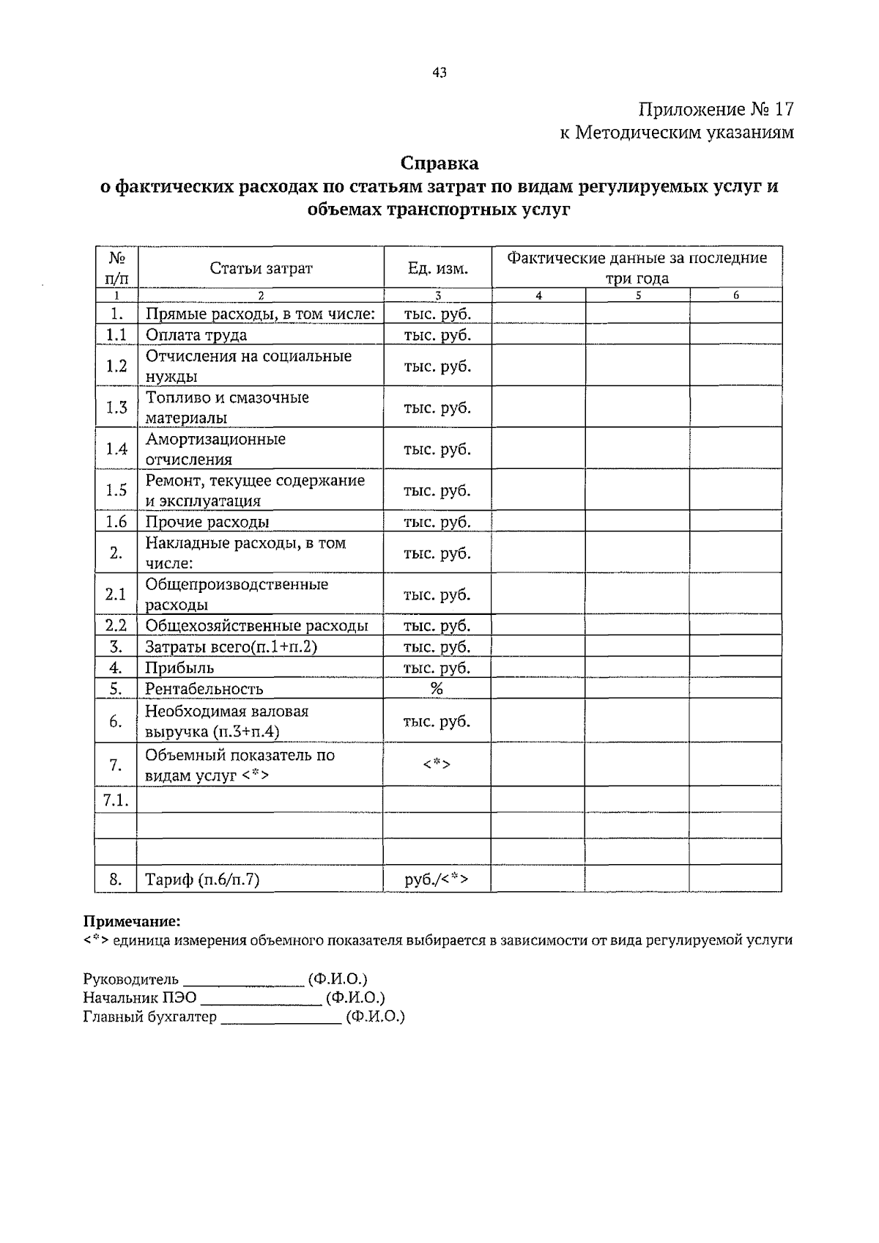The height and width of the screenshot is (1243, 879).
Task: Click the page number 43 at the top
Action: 439,73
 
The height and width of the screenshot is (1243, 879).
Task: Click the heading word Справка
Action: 439,163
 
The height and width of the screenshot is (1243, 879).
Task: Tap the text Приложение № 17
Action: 716,110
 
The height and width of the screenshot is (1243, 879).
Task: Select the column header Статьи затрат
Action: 261,268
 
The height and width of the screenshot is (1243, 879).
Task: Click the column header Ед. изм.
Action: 437,268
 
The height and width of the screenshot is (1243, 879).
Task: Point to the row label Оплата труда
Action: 196,335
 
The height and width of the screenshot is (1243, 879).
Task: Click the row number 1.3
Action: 116,407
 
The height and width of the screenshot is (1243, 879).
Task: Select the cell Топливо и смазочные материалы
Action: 227,407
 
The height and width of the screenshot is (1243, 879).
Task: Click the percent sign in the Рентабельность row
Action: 437,688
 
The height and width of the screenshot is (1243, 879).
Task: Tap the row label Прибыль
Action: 179,668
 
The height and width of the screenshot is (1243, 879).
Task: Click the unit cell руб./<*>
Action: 437,879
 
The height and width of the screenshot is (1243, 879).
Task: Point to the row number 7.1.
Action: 116,800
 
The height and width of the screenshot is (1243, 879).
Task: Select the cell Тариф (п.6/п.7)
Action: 202,879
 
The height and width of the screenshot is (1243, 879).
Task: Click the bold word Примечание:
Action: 131,921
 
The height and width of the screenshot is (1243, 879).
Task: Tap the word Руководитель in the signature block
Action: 131,979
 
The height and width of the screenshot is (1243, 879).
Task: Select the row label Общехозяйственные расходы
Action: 256,626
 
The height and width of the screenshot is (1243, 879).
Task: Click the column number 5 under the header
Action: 638,295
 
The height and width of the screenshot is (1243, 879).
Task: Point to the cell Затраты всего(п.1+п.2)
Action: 231,647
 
